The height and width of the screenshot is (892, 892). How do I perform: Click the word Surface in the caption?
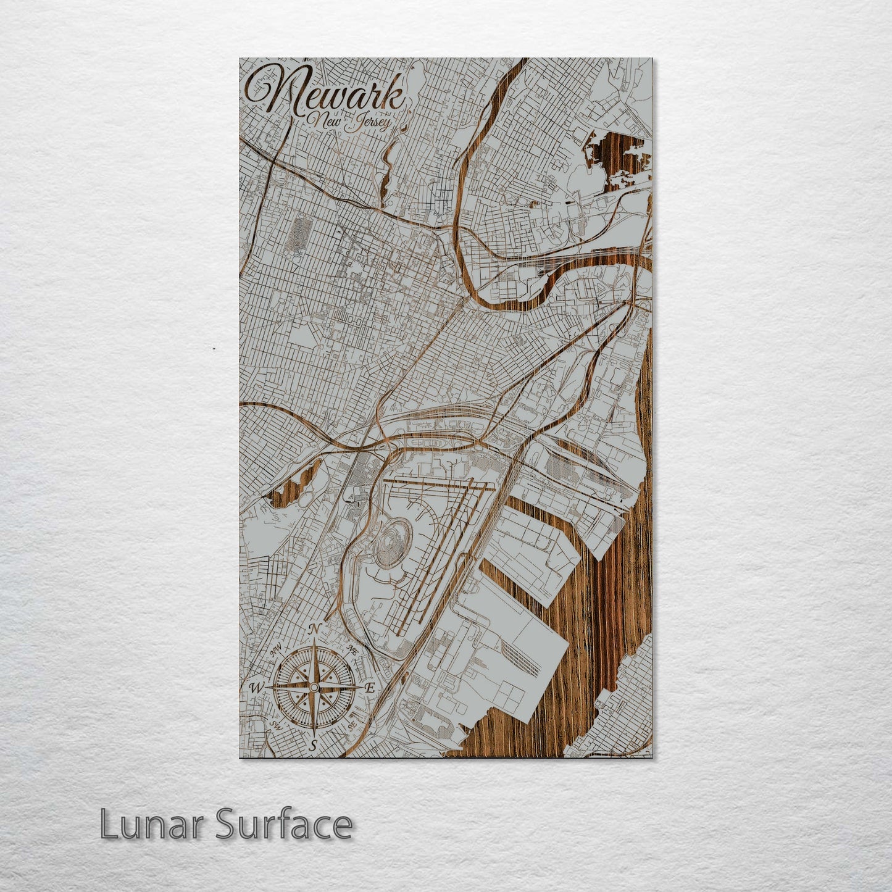[x=283, y=825]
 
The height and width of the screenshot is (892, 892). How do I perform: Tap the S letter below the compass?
[x=314, y=746]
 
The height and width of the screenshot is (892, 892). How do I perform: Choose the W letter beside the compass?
[x=254, y=688]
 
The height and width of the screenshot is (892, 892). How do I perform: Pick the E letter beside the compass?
[x=370, y=688]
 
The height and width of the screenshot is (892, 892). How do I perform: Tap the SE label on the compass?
[x=352, y=725]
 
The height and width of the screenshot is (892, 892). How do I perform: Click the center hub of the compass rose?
[x=314, y=688]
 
